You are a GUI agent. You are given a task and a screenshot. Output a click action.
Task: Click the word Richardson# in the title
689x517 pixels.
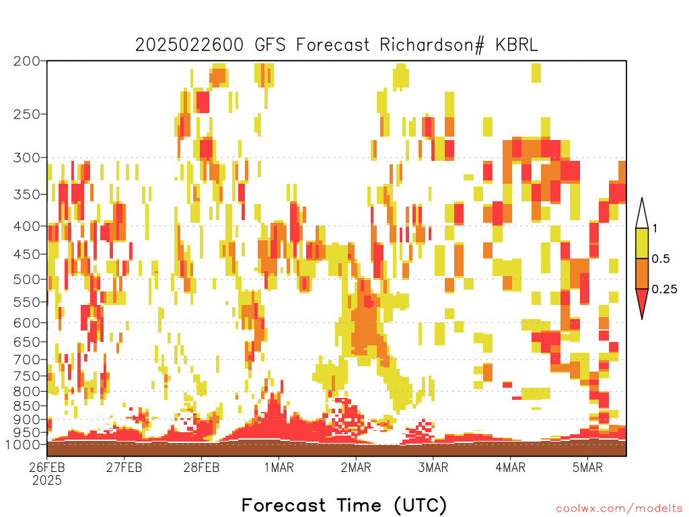[432, 45]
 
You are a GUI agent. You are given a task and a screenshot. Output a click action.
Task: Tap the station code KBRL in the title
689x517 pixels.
[516, 45]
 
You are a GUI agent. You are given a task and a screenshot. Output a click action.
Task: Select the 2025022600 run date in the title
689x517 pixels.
[189, 45]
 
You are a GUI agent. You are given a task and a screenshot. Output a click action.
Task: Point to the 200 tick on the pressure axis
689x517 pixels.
[27, 61]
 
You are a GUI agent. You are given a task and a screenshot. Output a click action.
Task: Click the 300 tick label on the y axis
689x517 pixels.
[27, 158]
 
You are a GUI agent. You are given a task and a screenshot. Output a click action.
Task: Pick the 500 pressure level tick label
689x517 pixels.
[27, 279]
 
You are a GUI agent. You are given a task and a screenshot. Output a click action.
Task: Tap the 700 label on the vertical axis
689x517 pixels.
[27, 359]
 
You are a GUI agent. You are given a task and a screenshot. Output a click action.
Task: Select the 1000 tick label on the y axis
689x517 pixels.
[23, 444]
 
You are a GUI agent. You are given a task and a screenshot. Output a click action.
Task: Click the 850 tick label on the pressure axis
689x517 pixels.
[27, 405]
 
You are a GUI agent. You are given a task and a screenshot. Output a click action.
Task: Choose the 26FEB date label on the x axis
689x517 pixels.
[47, 467]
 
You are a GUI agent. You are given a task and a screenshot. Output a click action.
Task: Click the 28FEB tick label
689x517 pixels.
[201, 467]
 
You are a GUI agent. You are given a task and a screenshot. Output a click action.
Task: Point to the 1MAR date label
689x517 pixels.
[279, 467]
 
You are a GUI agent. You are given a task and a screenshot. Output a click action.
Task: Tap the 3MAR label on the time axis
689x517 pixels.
[433, 467]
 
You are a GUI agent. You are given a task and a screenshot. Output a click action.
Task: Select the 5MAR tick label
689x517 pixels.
[587, 467]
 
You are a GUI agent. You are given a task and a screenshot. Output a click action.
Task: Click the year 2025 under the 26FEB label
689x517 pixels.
[47, 481]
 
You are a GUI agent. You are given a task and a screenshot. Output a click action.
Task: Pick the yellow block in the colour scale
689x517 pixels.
[642, 243]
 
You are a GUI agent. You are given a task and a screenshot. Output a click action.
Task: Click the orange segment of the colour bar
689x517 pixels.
[642, 273]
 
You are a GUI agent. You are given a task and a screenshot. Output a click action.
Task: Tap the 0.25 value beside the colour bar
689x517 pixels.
[664, 289]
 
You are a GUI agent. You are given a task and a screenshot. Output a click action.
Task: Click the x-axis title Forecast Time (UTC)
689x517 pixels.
[344, 505]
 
